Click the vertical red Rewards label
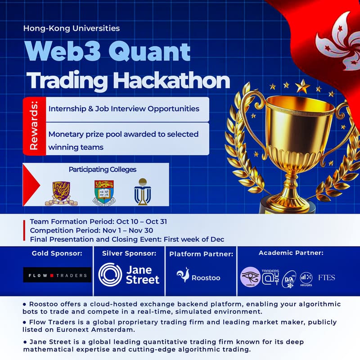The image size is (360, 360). point(34,126)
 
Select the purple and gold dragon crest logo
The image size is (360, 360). point(61,193)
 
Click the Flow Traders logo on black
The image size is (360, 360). point(57,275)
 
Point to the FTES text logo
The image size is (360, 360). point(326,277)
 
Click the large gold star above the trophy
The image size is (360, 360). point(302,85)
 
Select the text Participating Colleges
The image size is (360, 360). point(102,170)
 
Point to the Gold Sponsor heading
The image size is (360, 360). point(57,253)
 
